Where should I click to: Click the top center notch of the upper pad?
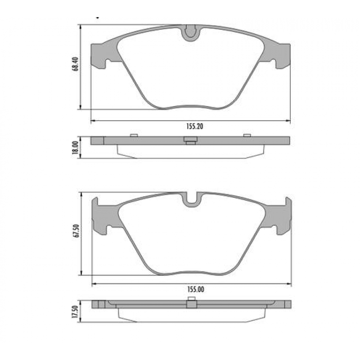(191, 32)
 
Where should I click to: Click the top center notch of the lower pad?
(192, 198)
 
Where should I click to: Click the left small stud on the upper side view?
(133, 135)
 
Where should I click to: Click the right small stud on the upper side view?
(247, 135)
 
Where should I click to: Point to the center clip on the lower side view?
(191, 304)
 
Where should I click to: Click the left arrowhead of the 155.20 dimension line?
(93, 120)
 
